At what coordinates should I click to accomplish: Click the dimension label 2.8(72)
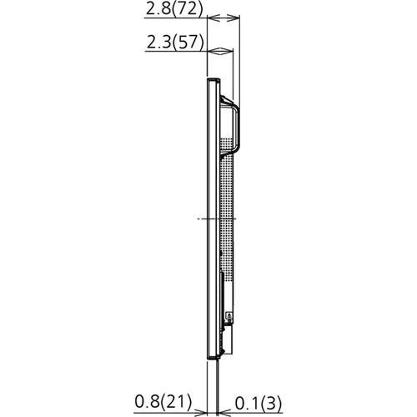coord(174,9)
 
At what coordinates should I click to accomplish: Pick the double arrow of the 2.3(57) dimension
coord(219,52)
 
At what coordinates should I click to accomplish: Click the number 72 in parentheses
coord(188,9)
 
